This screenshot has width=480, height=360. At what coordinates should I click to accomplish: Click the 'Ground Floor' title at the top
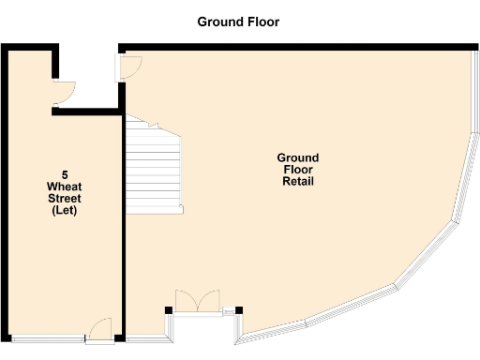(238, 22)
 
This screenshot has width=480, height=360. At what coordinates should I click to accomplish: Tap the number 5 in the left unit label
(65, 174)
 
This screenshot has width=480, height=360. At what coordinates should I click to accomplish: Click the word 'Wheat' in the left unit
(65, 187)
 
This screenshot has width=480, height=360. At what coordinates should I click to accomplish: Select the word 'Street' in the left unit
(65, 199)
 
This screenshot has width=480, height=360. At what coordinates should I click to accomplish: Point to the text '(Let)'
(65, 211)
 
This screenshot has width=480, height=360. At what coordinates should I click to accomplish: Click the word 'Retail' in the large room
(297, 182)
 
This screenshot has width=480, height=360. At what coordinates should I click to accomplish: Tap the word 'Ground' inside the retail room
(297, 157)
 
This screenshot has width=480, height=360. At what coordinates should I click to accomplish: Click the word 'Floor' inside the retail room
(297, 170)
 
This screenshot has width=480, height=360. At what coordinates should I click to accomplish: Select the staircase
(154, 166)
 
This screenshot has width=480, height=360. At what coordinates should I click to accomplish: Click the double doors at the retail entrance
(197, 300)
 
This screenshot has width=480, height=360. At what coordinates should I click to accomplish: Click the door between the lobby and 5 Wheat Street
(64, 92)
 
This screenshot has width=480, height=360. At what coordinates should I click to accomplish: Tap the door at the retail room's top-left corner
(130, 66)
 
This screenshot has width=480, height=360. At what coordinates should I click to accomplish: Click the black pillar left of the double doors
(169, 309)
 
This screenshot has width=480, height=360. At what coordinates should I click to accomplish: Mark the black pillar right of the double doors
(239, 309)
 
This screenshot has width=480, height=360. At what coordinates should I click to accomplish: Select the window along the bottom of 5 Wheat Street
(47, 337)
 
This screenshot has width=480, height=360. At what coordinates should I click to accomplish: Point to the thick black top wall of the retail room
(300, 46)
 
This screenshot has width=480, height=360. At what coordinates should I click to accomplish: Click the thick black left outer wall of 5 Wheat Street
(5, 187)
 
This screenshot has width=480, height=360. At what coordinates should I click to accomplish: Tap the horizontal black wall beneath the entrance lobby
(88, 112)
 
